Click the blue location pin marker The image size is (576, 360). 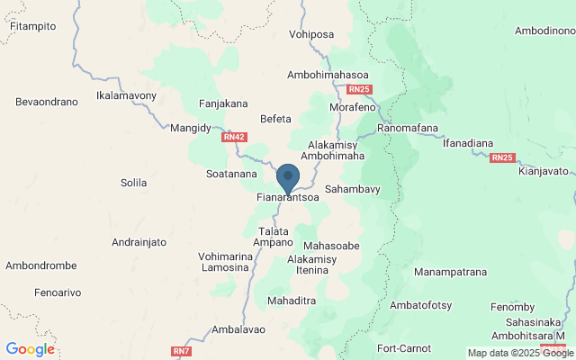(x=288, y=177)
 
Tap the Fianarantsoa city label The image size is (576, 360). (x=288, y=196)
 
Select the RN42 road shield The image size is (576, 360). (x=233, y=138)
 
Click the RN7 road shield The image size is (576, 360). (x=181, y=350)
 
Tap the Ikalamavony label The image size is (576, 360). (x=126, y=95)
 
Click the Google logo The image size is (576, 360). (x=30, y=349)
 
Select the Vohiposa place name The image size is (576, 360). (x=311, y=35)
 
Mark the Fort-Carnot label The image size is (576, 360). (x=404, y=348)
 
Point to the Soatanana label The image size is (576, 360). (x=231, y=174)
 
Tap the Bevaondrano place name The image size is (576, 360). (x=47, y=103)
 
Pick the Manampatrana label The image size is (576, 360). (x=450, y=271)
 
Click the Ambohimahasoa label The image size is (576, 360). (x=328, y=75)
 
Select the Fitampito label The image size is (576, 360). (x=32, y=26)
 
